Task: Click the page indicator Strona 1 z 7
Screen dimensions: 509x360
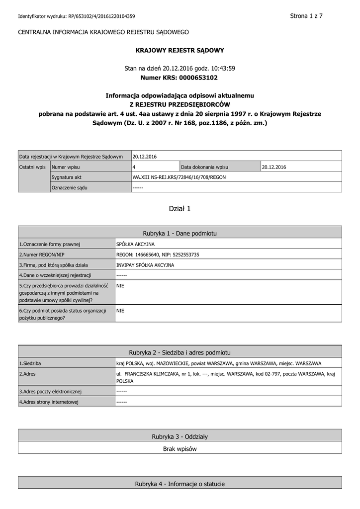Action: point(306,16)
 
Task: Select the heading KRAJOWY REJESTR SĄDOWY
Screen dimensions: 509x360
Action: point(180,50)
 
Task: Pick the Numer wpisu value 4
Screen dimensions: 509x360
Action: point(134,167)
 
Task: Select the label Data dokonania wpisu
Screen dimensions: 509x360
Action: point(205,167)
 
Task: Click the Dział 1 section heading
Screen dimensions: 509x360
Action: point(180,209)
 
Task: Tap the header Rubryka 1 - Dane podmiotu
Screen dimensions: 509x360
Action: point(180,233)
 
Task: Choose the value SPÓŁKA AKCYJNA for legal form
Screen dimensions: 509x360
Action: point(135,244)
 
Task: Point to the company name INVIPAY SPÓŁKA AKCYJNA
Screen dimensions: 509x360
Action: point(145,265)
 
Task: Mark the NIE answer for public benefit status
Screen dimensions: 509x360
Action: point(120,310)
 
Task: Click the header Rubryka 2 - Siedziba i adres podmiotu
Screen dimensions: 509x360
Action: point(180,352)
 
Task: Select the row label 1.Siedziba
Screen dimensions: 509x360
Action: point(30,363)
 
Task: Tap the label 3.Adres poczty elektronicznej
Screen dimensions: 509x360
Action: point(50,391)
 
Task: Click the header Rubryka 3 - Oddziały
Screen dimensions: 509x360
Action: point(180,436)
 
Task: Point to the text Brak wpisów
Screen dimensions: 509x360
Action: point(180,449)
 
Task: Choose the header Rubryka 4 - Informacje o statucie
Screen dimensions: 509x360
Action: point(180,484)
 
